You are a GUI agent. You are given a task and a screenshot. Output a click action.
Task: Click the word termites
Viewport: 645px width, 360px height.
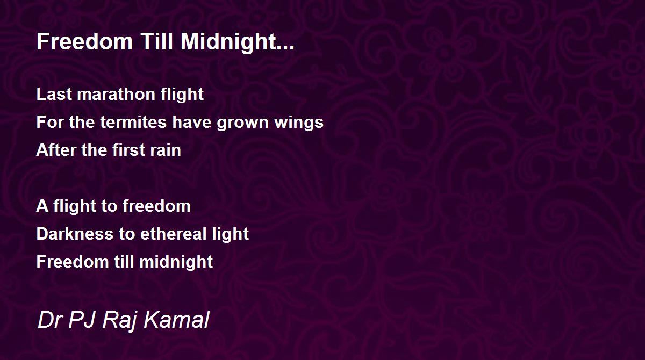[x=133, y=122]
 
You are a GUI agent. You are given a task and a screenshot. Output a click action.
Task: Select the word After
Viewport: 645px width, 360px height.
[x=56, y=150]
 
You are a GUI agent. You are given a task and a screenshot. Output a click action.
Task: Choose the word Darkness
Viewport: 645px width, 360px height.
[x=75, y=234]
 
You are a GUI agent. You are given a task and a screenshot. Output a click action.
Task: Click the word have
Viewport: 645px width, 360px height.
[x=191, y=122]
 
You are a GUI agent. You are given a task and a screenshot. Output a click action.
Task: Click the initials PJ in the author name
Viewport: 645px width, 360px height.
[x=82, y=320]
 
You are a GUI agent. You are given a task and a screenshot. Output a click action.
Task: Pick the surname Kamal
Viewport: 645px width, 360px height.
[x=176, y=320]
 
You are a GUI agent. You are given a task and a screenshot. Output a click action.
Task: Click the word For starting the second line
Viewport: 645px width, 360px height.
[x=50, y=122]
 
